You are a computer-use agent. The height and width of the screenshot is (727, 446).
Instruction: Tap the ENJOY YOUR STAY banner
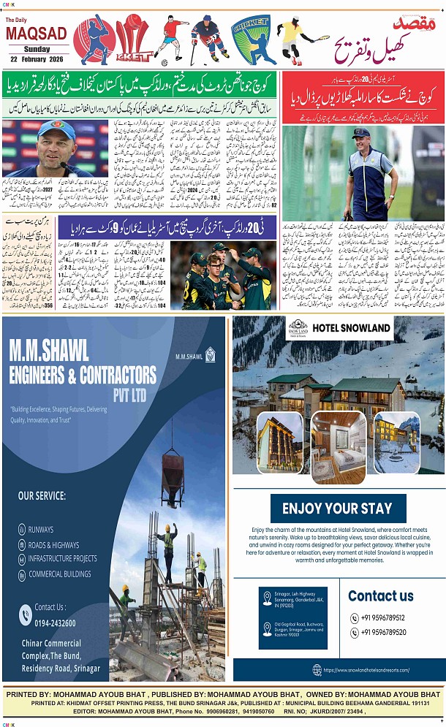click(x=337, y=509)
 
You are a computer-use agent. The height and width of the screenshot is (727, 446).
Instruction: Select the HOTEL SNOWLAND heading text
click(x=351, y=327)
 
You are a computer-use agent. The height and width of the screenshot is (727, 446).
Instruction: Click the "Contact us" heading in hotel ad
click(x=380, y=595)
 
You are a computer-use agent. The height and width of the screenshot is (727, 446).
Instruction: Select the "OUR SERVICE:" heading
click(x=42, y=495)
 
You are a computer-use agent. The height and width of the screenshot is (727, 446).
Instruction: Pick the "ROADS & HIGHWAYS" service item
click(x=53, y=544)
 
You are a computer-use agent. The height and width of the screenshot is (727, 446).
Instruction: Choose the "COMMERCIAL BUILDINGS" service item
click(x=60, y=574)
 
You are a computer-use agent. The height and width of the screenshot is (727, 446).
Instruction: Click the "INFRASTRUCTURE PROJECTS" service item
click(x=62, y=559)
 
